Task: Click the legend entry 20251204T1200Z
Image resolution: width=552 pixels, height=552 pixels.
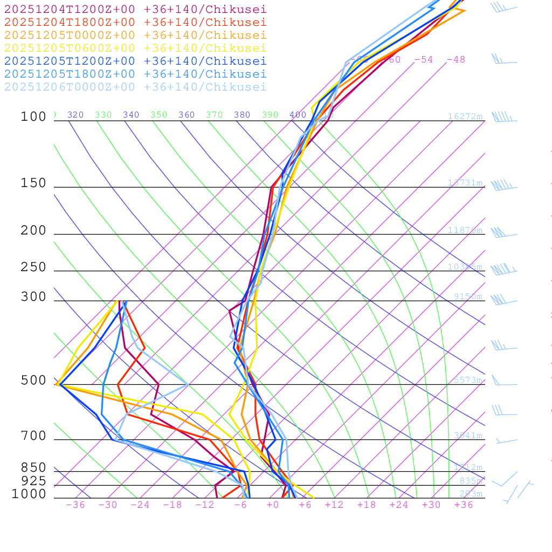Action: coord(135,9)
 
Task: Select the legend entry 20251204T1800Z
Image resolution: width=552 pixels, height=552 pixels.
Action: coord(135,22)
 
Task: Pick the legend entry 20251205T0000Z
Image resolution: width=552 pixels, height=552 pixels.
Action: coord(135,35)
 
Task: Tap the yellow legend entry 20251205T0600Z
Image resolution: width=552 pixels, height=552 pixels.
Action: coord(135,48)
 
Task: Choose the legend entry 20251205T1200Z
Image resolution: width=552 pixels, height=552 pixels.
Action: coord(135,61)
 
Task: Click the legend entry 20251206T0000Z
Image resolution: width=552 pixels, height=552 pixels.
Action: coord(135,87)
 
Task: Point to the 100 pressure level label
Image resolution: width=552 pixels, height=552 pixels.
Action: coord(33,116)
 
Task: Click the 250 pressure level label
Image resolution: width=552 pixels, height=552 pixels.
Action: coord(33,267)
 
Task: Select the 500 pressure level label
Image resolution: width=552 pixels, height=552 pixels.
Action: coord(33,381)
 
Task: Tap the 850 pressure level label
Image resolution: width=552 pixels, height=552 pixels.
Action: coord(33,467)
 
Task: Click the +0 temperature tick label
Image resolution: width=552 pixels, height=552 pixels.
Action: coord(273,505)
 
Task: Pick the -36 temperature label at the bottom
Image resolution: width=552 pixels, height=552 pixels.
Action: coord(75,505)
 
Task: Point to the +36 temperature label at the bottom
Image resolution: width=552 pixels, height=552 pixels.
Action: coord(464,505)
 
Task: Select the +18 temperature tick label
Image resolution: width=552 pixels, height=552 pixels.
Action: coord(367,505)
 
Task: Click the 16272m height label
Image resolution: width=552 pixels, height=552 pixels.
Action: coord(465,116)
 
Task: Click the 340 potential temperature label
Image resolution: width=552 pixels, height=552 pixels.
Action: coord(131,115)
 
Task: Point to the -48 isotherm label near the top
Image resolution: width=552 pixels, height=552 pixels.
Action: coord(456,59)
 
